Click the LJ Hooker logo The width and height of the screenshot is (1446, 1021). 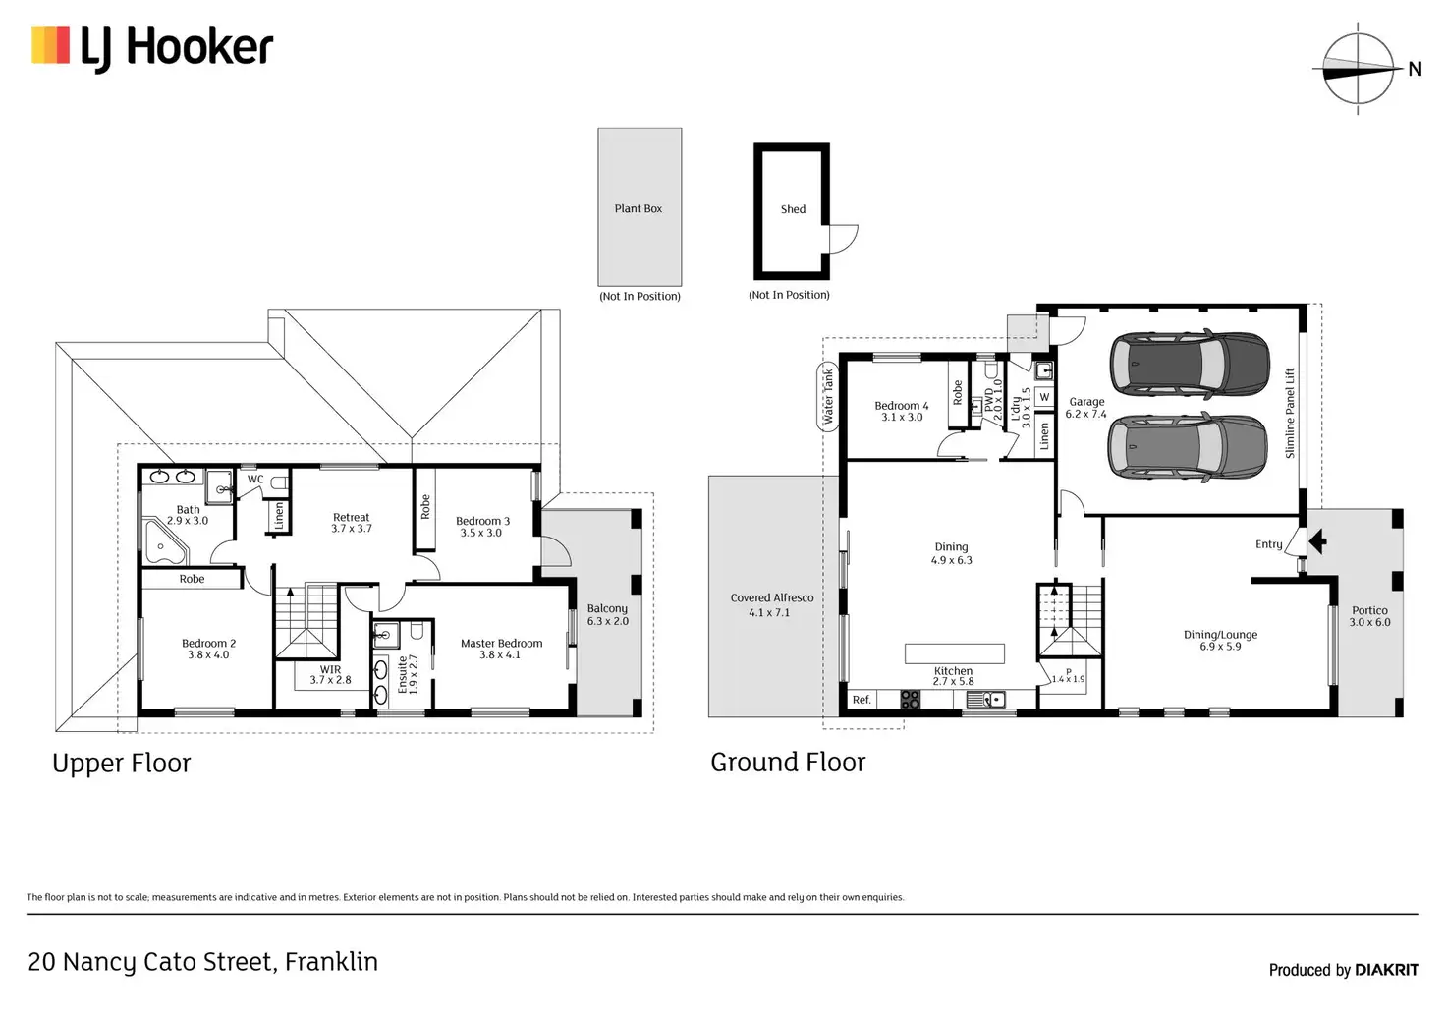(x=152, y=47)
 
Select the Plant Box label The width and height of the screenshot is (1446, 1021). (x=638, y=208)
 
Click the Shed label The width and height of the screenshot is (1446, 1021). (x=793, y=209)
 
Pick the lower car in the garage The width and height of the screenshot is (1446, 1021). (x=1187, y=447)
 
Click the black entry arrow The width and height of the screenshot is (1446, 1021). (x=1316, y=540)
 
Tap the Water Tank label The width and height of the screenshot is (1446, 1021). (x=828, y=397)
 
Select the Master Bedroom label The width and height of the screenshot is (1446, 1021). (x=501, y=644)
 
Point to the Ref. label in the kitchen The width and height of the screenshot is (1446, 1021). (x=862, y=700)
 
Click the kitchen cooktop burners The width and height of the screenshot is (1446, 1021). (x=911, y=700)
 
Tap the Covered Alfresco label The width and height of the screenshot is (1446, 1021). (x=771, y=597)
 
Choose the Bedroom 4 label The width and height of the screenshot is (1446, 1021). (x=901, y=406)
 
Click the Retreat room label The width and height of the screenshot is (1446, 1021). (x=351, y=517)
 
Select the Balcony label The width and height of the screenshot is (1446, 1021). (x=607, y=609)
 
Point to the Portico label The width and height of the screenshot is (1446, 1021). (x=1369, y=610)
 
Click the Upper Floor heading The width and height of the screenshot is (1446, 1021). (x=122, y=764)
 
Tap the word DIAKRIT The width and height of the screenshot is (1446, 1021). (x=1387, y=970)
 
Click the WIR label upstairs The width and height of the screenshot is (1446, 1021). (x=330, y=670)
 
